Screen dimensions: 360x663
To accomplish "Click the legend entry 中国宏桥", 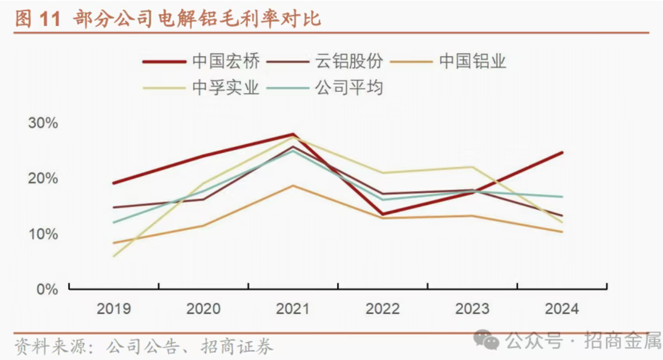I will [226, 61].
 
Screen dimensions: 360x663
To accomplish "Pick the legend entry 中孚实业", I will [226, 88].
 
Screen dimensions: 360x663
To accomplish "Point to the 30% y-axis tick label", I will [44, 123].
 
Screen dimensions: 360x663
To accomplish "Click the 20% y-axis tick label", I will [44, 179].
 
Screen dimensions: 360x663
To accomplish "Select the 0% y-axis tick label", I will [47, 289].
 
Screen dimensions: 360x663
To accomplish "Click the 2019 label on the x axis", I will [113, 309].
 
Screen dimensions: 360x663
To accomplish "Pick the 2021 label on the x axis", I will [293, 309].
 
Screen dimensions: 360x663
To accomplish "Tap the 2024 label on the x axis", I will [562, 309].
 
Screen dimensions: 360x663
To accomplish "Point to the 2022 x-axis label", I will [383, 309].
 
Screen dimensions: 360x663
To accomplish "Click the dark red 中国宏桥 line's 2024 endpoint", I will [562, 152].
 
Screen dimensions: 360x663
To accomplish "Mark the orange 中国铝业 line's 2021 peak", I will [293, 186].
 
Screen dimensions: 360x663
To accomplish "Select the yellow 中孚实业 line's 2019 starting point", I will [114, 256].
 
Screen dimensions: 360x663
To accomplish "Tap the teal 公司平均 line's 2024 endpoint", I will [562, 197].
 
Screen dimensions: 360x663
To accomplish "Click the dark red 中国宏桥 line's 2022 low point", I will [383, 214].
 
